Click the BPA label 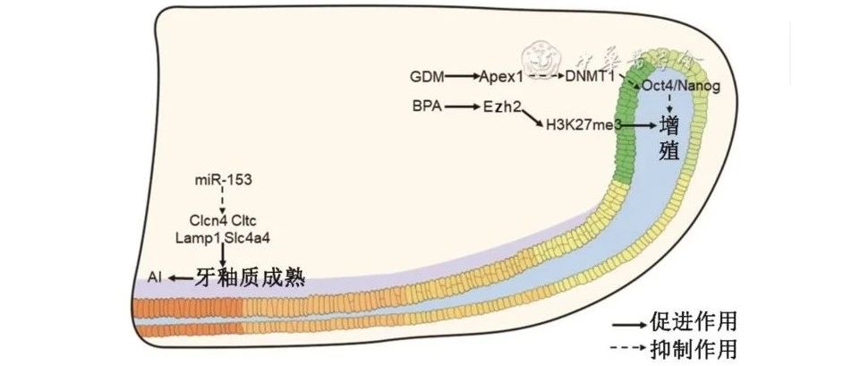[x=426, y=106]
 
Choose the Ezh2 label [x=502, y=106]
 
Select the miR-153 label [x=223, y=181]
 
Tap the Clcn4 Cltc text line [x=223, y=218]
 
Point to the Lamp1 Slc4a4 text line [x=223, y=235]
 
